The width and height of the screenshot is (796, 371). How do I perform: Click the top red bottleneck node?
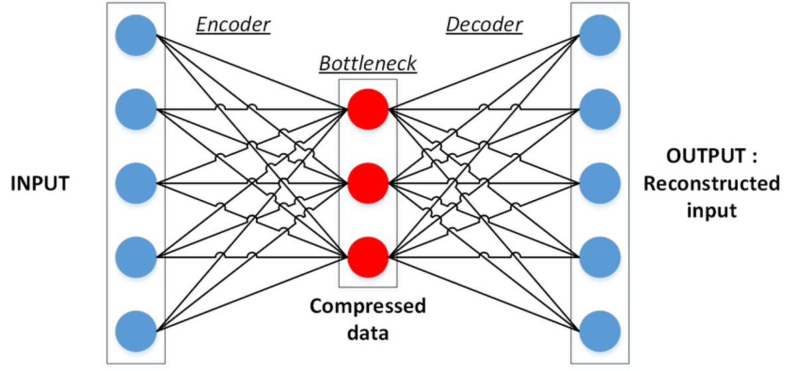tap(367, 108)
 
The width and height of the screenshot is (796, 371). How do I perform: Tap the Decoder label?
tap(484, 25)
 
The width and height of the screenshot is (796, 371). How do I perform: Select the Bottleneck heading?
tap(367, 64)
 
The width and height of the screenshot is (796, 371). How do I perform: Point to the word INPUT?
tap(39, 183)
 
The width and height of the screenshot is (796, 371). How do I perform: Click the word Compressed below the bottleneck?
tap(367, 307)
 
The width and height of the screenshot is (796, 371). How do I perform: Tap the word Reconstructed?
tap(711, 184)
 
